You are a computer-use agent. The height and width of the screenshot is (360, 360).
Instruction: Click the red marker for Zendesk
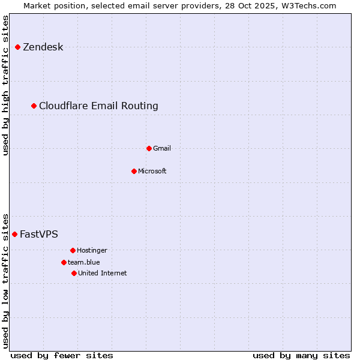pyautogui.click(x=18, y=47)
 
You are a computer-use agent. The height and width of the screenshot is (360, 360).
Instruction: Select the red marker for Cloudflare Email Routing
pyautogui.click(x=34, y=106)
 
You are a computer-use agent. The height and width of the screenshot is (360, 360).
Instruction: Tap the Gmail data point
pyautogui.click(x=149, y=148)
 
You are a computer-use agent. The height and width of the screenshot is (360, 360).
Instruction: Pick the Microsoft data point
pyautogui.click(x=134, y=171)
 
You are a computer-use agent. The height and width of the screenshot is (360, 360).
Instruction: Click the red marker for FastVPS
pyautogui.click(x=15, y=234)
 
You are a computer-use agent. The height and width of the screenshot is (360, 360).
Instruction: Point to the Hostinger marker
pyautogui.click(x=73, y=250)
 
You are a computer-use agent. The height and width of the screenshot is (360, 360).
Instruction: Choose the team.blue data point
pyautogui.click(x=64, y=262)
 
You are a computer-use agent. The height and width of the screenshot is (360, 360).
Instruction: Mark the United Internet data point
pyautogui.click(x=74, y=273)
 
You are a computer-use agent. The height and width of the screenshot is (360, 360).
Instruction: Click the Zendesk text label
pyautogui.click(x=43, y=47)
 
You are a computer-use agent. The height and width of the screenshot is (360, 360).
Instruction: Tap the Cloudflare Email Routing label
pyautogui.click(x=98, y=106)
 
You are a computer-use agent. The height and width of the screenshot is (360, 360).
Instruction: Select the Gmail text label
pyautogui.click(x=162, y=148)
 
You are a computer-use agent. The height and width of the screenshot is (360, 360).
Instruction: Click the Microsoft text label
pyautogui.click(x=152, y=171)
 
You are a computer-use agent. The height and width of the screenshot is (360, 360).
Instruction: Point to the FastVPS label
pyautogui.click(x=39, y=235)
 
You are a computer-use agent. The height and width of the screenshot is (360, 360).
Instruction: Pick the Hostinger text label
pyautogui.click(x=92, y=250)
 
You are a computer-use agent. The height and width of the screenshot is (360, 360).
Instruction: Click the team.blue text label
pyautogui.click(x=84, y=262)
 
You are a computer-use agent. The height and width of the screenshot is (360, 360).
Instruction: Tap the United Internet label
pyautogui.click(x=103, y=273)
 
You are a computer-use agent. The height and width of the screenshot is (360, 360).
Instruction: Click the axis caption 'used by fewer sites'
pyautogui.click(x=62, y=355)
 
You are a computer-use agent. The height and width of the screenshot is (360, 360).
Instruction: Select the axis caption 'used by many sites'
pyautogui.click(x=301, y=355)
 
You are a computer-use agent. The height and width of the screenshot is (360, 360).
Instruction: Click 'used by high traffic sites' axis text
pyautogui.click(x=6, y=85)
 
